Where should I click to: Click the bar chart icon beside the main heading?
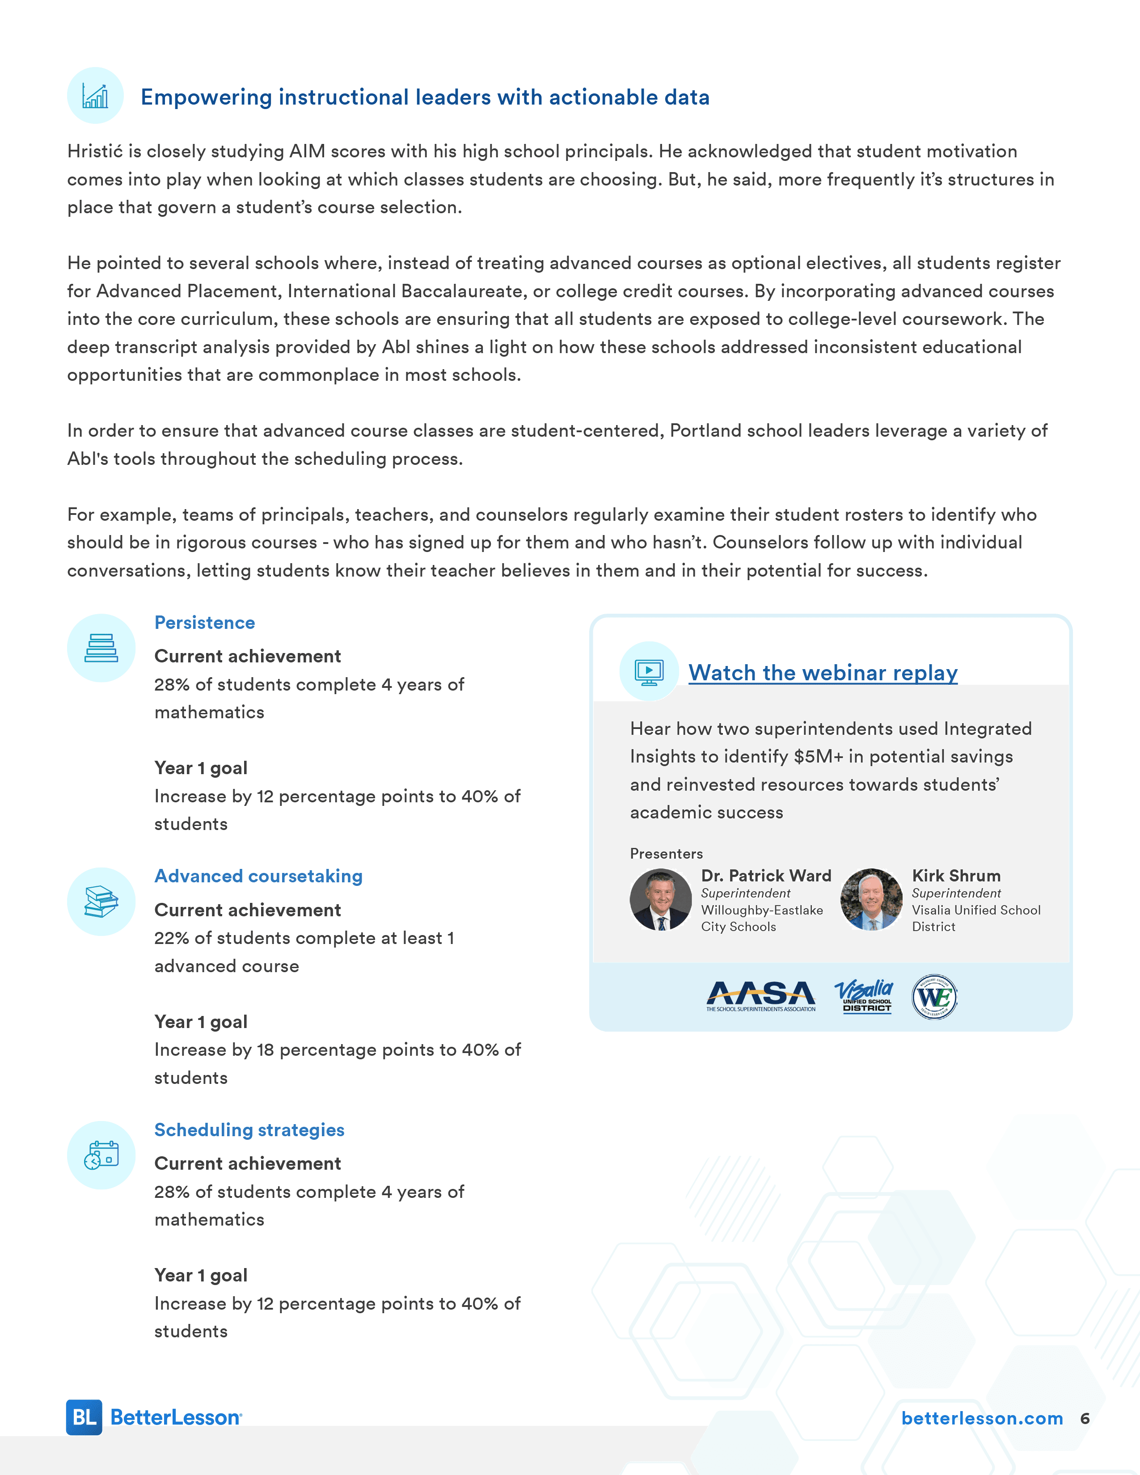click(x=95, y=96)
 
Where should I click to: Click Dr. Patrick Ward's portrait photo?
click(x=660, y=900)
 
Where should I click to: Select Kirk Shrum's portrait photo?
click(x=871, y=900)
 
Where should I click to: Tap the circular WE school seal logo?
click(x=934, y=997)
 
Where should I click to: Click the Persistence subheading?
click(x=205, y=623)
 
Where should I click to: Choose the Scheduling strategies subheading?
click(x=249, y=1130)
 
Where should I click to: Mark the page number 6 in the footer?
click(x=1085, y=1418)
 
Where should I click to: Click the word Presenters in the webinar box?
click(x=666, y=854)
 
